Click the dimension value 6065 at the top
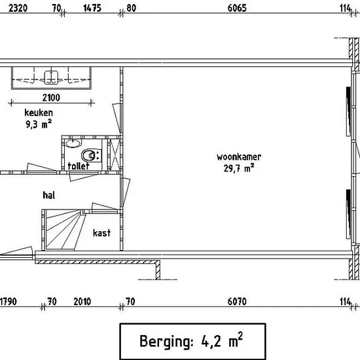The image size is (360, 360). point(237,8)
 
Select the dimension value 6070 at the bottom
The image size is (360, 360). point(237,302)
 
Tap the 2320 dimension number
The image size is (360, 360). point(18,8)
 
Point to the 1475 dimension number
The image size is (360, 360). point(92,8)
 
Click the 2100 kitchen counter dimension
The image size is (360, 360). point(51,98)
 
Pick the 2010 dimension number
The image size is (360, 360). point(82,302)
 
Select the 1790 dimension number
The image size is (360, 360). point(9,302)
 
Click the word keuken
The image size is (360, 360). point(39,113)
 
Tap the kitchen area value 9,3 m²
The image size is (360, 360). point(39,124)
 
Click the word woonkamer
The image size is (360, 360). point(239,157)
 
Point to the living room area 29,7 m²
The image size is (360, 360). point(239,168)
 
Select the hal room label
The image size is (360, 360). point(49,195)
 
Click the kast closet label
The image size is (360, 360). point(101,233)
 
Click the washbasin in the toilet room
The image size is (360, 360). point(73,143)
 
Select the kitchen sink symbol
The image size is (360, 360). point(51,78)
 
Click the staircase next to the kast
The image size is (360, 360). point(62,230)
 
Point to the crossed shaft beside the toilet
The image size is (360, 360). point(114,155)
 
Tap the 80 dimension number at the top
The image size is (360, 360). point(131,8)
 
